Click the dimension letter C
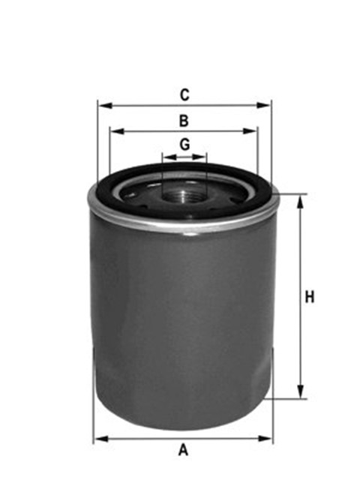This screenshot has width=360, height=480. (184, 95)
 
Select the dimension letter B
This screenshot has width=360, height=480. (184, 121)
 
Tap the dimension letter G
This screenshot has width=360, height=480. (184, 145)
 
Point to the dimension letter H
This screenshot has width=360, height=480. (310, 297)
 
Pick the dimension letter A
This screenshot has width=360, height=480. (183, 449)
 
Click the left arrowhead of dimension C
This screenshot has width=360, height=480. (105, 106)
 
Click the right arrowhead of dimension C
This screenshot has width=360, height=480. (263, 106)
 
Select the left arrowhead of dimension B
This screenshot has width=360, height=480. (117, 131)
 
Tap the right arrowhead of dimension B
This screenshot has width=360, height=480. (250, 131)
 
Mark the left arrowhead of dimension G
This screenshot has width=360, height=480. (170, 157)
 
